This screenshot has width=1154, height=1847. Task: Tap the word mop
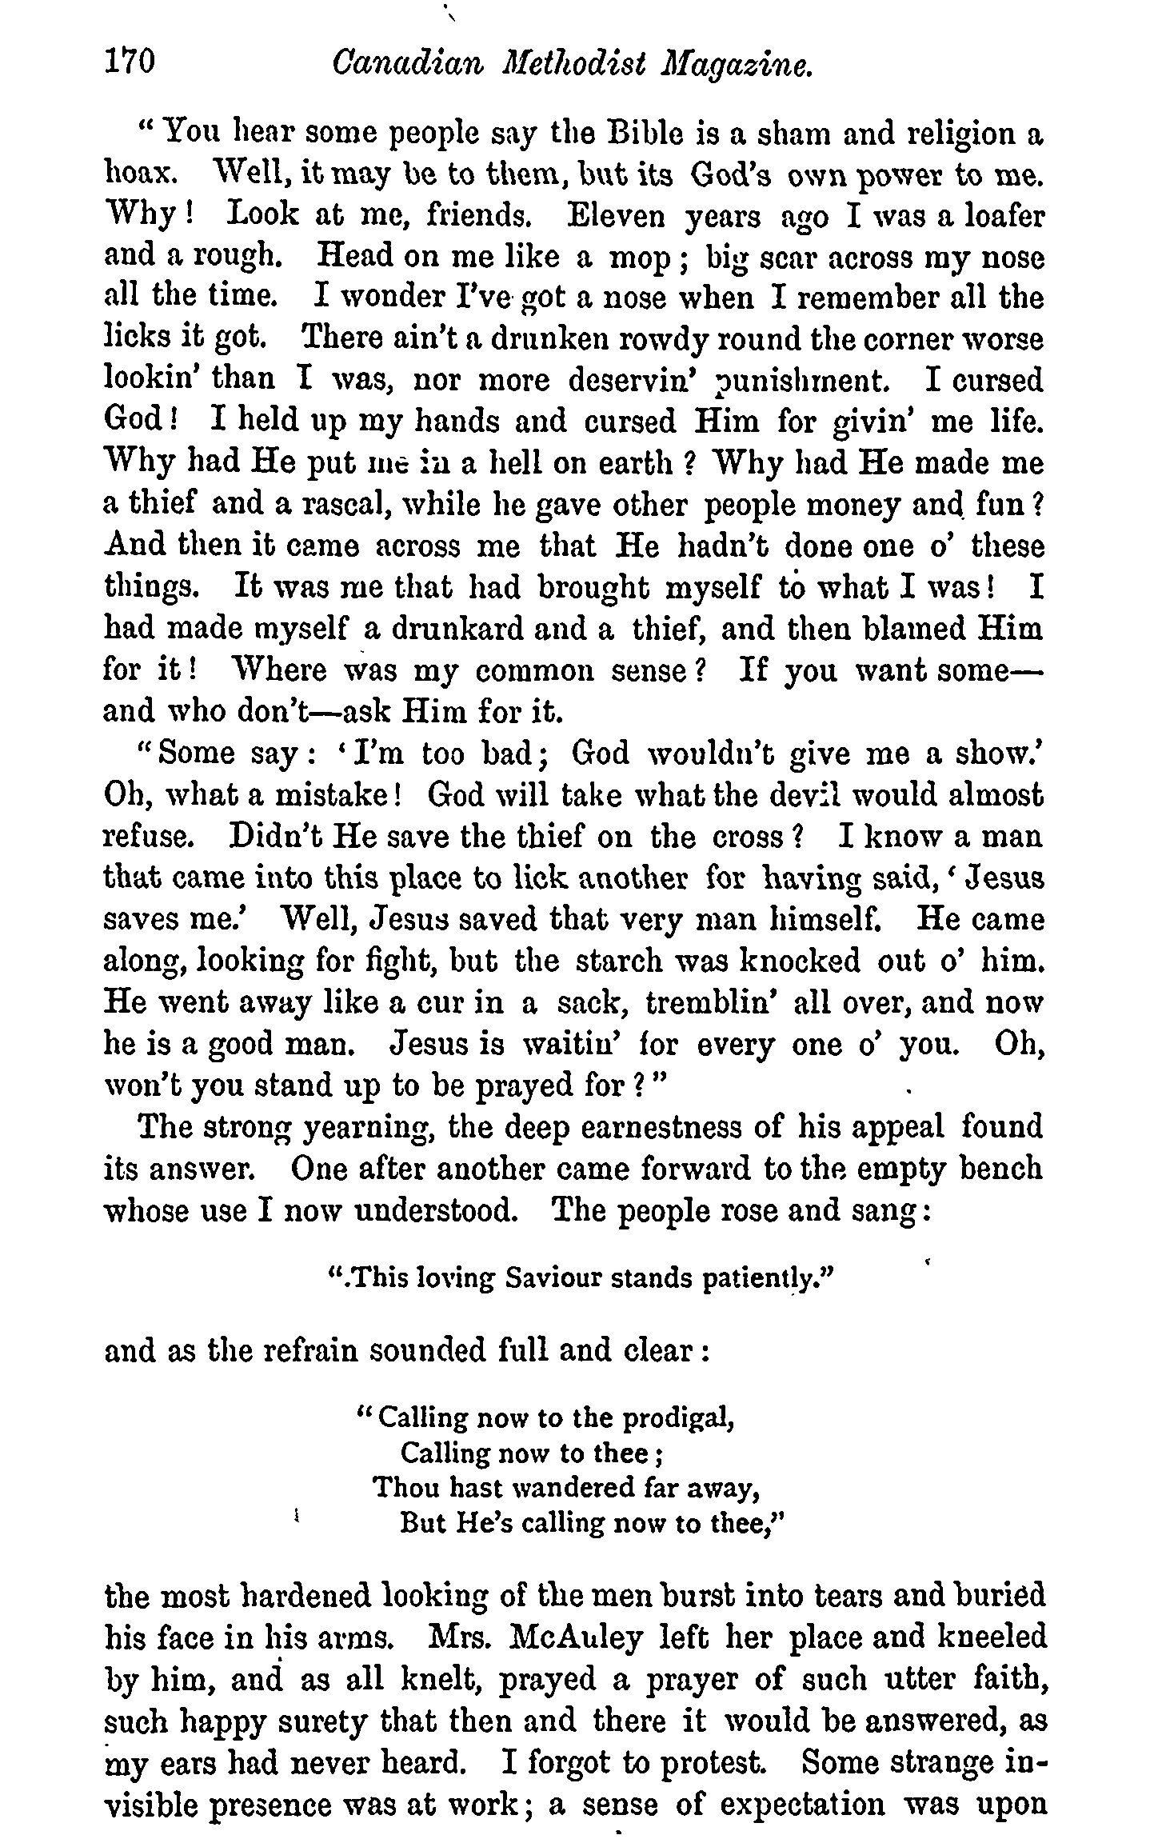click(x=640, y=258)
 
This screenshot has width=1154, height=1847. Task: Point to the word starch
click(x=645, y=960)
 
